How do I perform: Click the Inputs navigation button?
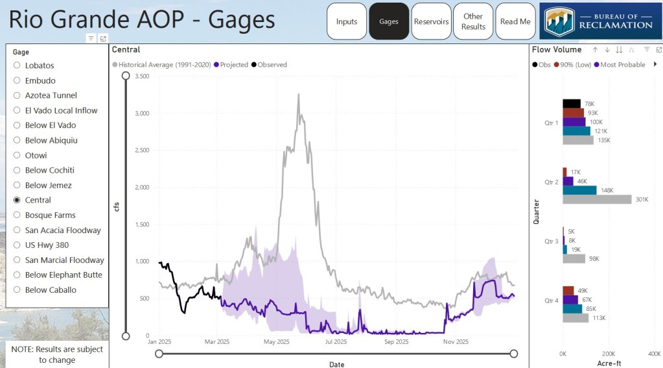coord(347,21)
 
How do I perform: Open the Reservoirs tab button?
coord(431,21)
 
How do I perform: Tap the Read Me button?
coord(515,21)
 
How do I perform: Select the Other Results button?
coord(473,21)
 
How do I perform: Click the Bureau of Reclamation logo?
coord(599,21)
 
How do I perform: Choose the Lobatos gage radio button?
coord(17,66)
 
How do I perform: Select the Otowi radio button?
coord(17,155)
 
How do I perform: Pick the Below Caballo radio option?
coord(17,290)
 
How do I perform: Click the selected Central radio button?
coord(17,200)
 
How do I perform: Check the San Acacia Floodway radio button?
coord(17,230)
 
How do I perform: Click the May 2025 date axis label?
coord(276,341)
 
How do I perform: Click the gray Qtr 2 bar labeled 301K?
coord(597,199)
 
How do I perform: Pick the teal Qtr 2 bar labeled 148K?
coord(579,190)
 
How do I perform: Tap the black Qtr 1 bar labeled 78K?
coord(572,103)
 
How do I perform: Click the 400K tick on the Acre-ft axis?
coord(653,354)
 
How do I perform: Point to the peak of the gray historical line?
coord(298,95)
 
